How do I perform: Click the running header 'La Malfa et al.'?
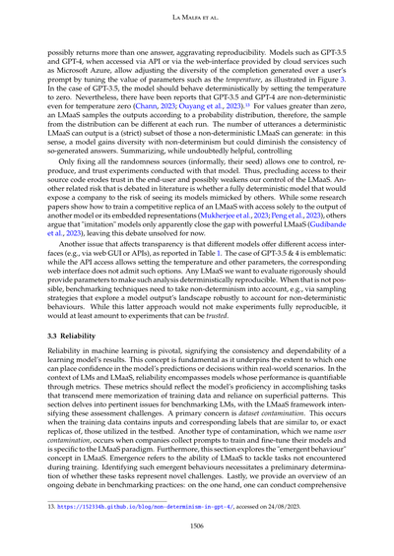coord(197,19)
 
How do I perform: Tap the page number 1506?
coord(197,525)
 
